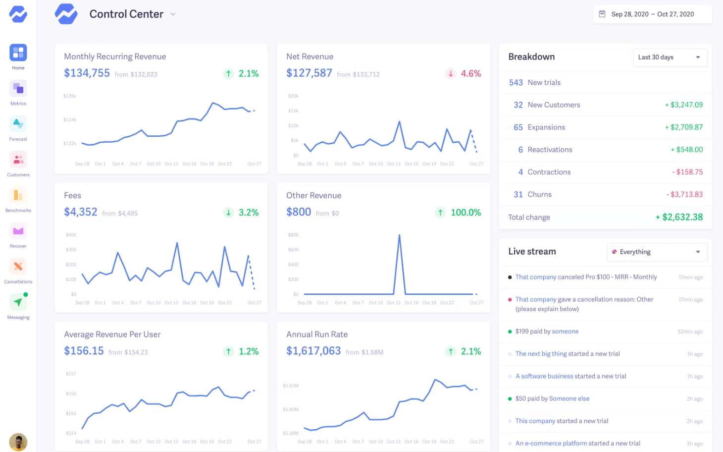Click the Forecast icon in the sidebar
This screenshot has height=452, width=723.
click(18, 124)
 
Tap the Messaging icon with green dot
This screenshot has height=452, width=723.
click(18, 302)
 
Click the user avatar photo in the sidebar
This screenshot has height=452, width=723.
click(18, 442)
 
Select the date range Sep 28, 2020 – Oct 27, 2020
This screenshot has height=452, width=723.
click(652, 14)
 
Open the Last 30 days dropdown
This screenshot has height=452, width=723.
click(670, 57)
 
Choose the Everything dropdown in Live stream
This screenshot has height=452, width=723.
click(657, 252)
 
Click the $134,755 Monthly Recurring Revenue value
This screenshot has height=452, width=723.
click(87, 73)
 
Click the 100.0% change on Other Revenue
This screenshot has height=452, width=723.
click(465, 213)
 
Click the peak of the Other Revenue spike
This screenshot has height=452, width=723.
click(399, 235)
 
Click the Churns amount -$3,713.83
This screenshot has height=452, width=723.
click(684, 195)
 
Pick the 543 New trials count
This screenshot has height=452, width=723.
click(516, 83)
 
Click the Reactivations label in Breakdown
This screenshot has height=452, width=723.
click(550, 150)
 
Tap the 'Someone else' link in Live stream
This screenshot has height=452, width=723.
click(569, 398)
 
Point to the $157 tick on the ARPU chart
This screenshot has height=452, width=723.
click(71, 374)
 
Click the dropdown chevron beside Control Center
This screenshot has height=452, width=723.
click(173, 14)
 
